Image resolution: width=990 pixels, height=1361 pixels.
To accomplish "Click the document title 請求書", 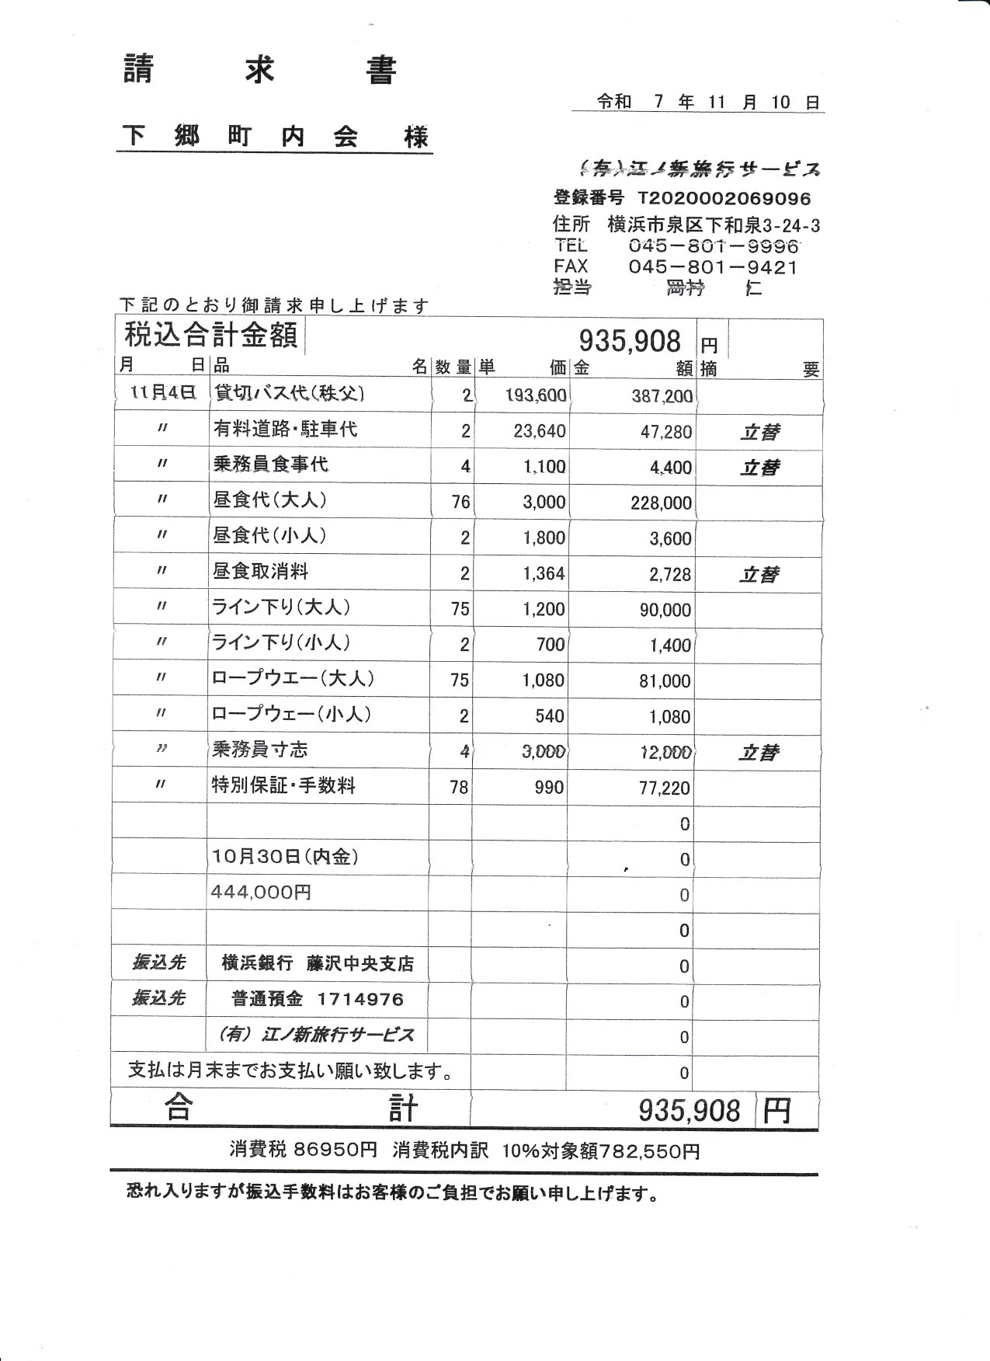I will pos(260,71).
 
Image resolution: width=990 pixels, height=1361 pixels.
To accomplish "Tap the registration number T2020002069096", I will pos(724,199).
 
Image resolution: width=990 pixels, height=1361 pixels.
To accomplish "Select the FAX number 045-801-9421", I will pos(712,268).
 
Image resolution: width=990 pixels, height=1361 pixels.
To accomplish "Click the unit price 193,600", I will pos(536,395).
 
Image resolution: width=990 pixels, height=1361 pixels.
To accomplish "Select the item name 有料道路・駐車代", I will pos(285,429).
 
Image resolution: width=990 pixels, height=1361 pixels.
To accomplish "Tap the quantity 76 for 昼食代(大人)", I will pos(460,502).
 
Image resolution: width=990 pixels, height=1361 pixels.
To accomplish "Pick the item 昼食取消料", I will pos(260,572).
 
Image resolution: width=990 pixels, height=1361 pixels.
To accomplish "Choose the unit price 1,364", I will pos(544,574).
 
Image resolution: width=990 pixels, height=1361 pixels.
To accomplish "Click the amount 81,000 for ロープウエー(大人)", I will pos(665,681).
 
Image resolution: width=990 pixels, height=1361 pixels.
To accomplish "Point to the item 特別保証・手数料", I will pos(283,785).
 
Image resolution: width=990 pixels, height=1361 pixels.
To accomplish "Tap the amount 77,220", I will pos(665,788).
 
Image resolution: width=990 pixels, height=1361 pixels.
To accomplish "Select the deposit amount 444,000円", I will pos(261,893).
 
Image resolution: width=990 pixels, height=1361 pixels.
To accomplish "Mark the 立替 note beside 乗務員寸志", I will pos(759,753).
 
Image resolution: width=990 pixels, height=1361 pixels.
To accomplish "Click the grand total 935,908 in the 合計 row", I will pos(689,1111).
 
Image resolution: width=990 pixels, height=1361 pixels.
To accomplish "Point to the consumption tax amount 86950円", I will pos(335,1150).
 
